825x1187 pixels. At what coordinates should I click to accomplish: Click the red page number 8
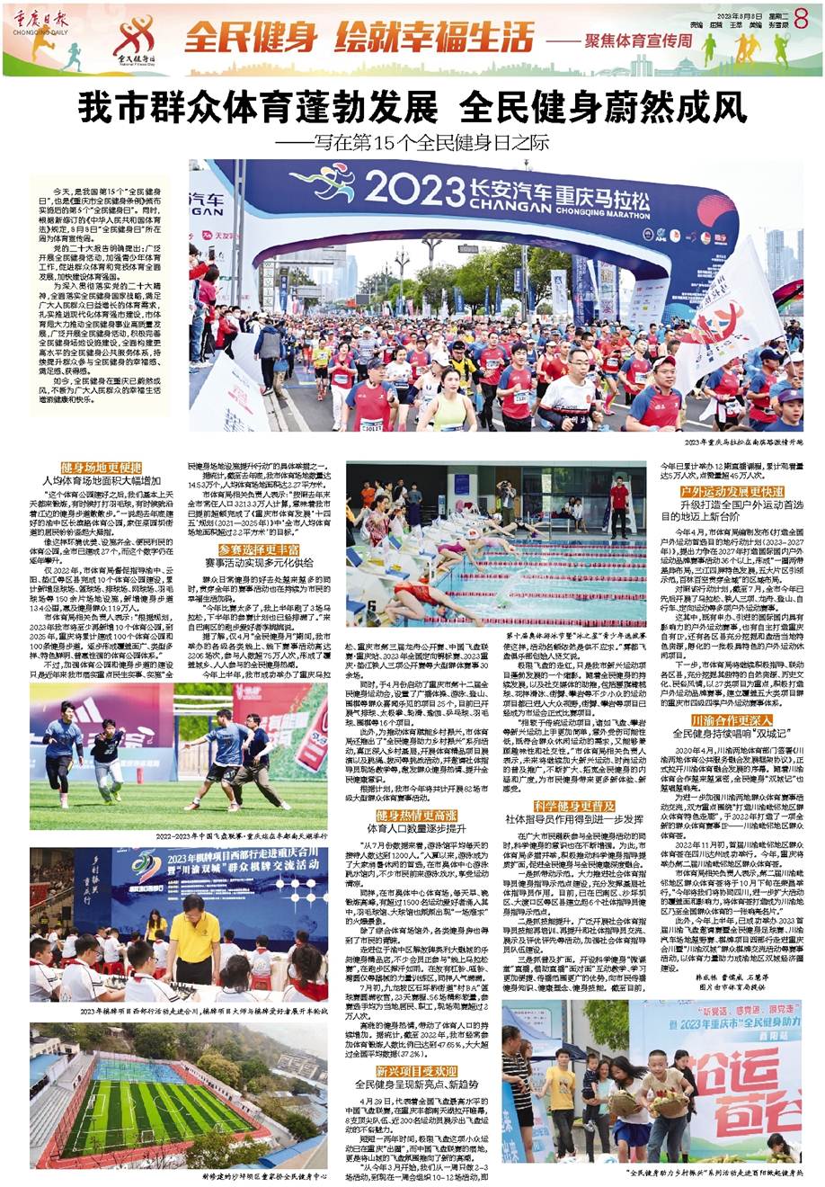coord(802,19)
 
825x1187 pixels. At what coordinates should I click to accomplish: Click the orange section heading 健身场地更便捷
coord(102,468)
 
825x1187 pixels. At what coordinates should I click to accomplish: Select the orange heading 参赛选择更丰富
coord(259,549)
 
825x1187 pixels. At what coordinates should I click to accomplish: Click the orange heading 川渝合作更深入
coord(720,720)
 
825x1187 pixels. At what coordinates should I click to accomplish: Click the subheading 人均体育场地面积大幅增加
coord(102,482)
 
